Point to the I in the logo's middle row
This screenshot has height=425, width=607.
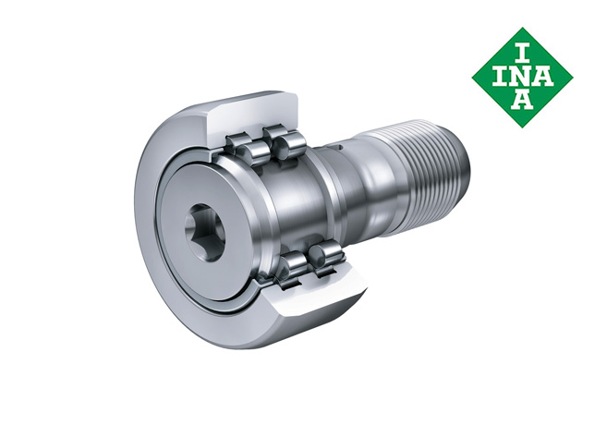pyautogui.click(x=502, y=78)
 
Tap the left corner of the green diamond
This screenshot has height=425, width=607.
pyautogui.click(x=473, y=78)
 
